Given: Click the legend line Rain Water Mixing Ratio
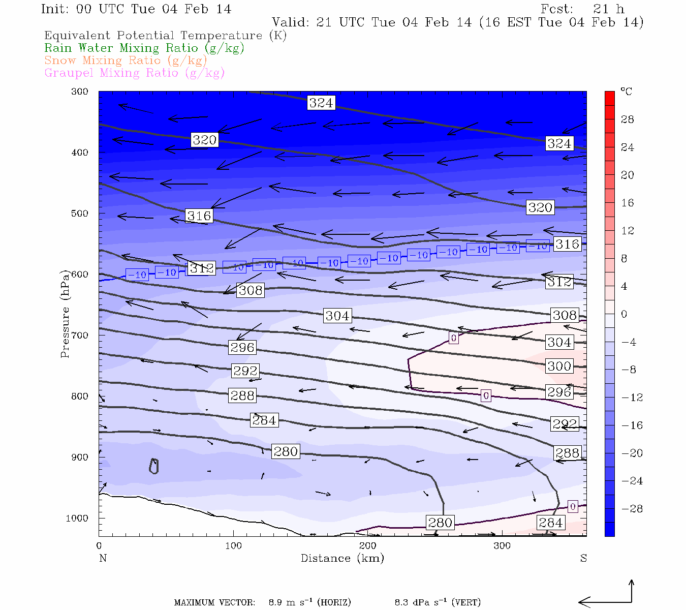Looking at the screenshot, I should pyautogui.click(x=144, y=48).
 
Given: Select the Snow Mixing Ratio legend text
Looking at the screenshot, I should pyautogui.click(x=126, y=60).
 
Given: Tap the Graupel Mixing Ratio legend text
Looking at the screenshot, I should pyautogui.click(x=134, y=73).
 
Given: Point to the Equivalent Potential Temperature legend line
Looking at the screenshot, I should pyautogui.click(x=165, y=36).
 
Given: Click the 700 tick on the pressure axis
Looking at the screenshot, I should pyautogui.click(x=80, y=335).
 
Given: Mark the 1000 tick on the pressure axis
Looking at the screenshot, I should pyautogui.click(x=77, y=518).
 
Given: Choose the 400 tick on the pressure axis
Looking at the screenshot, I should pyautogui.click(x=80, y=152).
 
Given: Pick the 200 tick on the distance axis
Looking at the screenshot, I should pyautogui.click(x=368, y=546).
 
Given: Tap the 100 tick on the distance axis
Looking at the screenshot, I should pyautogui.click(x=233, y=546).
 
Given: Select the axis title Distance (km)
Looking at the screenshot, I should pyautogui.click(x=342, y=558).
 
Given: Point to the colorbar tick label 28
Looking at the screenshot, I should pyautogui.click(x=628, y=119).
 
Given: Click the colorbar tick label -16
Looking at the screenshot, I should pyautogui.click(x=632, y=425).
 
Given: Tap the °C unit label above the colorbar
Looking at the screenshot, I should pyautogui.click(x=626, y=91).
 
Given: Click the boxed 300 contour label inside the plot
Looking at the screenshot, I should pyautogui.click(x=559, y=366).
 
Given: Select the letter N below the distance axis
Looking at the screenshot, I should pyautogui.click(x=103, y=558).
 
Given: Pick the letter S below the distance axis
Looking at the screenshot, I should pyautogui.click(x=583, y=558).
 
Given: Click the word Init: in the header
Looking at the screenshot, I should pyautogui.click(x=57, y=9).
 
